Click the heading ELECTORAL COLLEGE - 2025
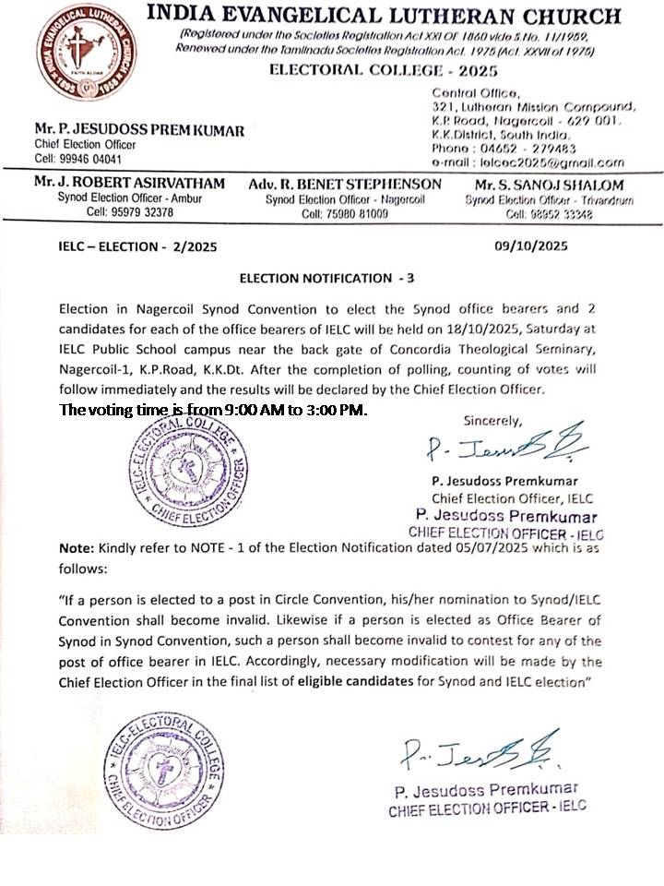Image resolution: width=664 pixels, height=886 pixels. tap(383, 71)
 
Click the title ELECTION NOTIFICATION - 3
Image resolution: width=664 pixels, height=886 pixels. tap(327, 278)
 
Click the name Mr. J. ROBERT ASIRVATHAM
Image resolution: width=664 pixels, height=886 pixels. tap(128, 184)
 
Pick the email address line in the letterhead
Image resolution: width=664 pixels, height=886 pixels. tap(528, 162)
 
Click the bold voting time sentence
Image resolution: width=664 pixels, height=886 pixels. tap(213, 410)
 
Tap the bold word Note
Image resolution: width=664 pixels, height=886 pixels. tap(75, 548)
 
